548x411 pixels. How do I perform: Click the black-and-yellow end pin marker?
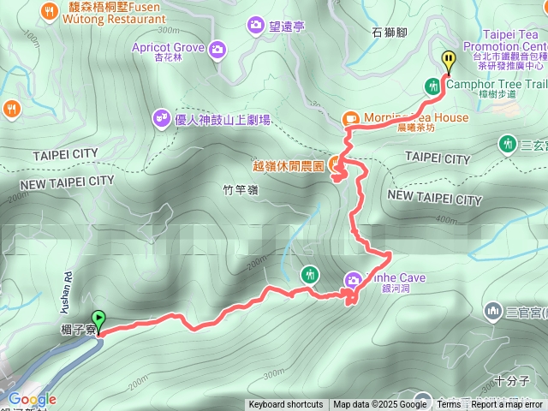pyautogui.click(x=449, y=60)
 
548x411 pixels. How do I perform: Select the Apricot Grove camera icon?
pyautogui.click(x=217, y=49)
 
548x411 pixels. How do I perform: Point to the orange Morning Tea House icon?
pyautogui.click(x=350, y=118)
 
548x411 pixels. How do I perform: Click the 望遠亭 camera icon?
pyautogui.click(x=255, y=26)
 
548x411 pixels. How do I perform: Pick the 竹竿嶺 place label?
pyautogui.click(x=240, y=192)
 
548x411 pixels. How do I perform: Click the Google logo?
pyautogui.click(x=32, y=399)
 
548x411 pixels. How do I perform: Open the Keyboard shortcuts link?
pyautogui.click(x=286, y=405)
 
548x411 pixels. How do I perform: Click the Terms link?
pyautogui.click(x=448, y=405)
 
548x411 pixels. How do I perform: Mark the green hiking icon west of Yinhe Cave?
pyautogui.click(x=309, y=274)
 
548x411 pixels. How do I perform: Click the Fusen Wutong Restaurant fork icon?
pyautogui.click(x=48, y=11)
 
